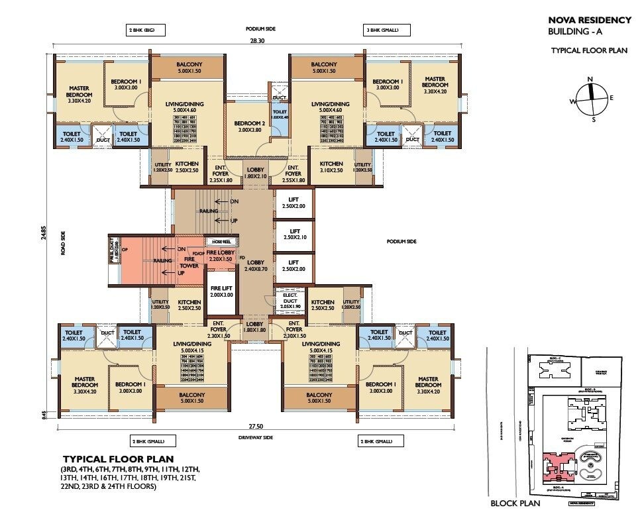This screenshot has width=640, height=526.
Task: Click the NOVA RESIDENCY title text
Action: click(x=589, y=20)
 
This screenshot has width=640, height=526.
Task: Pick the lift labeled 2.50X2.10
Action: click(x=294, y=233)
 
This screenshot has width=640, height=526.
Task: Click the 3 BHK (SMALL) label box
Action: click(x=387, y=30)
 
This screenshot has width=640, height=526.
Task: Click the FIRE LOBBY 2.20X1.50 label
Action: click(x=220, y=256)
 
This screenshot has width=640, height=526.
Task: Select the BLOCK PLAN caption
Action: click(x=515, y=503)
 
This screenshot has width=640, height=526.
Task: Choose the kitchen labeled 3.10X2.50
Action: click(x=331, y=168)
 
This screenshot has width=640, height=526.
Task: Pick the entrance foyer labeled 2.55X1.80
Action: click(x=293, y=174)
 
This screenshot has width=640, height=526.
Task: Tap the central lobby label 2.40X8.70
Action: click(x=255, y=265)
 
